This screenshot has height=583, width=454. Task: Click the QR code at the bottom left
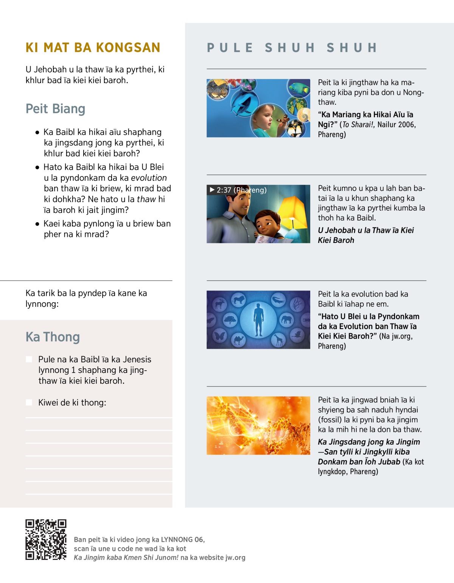(x=46, y=539)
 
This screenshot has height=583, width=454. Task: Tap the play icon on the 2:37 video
(x=212, y=190)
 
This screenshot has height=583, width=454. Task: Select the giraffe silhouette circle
(x=279, y=340)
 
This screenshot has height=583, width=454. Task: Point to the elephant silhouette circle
(x=286, y=320)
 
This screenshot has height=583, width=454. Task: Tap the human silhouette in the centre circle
(x=258, y=320)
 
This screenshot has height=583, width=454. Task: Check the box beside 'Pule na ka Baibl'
(x=29, y=359)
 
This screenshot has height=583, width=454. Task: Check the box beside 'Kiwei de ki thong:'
(x=29, y=402)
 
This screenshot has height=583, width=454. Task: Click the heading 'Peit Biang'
(x=55, y=109)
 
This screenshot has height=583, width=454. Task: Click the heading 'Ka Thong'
(x=53, y=337)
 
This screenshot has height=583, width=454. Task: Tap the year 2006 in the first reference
(x=405, y=125)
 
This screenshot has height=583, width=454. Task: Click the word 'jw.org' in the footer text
(x=235, y=558)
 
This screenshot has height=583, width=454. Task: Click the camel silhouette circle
(x=238, y=340)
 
